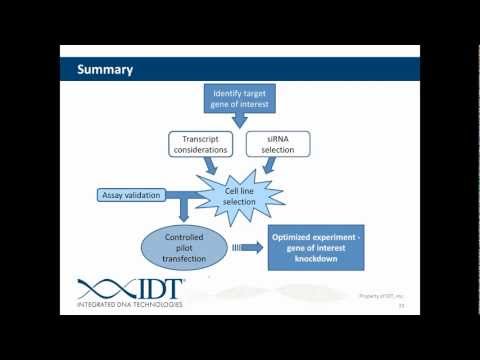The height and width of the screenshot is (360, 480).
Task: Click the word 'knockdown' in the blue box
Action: click(x=317, y=258)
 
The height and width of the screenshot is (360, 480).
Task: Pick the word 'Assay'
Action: click(x=116, y=195)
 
